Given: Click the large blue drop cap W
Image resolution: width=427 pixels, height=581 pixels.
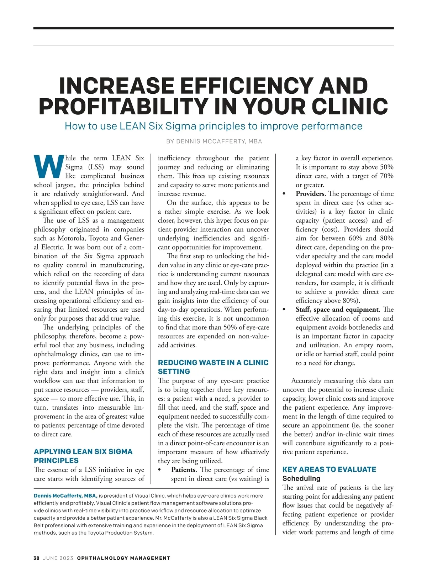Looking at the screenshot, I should click(x=49, y=166).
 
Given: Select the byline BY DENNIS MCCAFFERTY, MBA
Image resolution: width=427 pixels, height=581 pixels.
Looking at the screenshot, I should click(x=214, y=141).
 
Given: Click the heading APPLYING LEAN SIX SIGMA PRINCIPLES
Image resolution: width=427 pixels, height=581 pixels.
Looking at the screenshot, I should click(x=83, y=456).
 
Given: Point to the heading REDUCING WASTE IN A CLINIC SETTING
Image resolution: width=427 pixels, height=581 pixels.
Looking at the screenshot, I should click(x=213, y=367).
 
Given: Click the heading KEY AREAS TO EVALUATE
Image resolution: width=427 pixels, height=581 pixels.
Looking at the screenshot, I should click(x=329, y=469).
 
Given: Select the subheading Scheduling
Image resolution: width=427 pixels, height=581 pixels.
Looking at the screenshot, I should click(x=301, y=478).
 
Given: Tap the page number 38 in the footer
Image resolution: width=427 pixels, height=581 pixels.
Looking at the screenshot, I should click(x=36, y=558).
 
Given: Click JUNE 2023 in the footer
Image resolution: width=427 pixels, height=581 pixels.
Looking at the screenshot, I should click(x=58, y=558).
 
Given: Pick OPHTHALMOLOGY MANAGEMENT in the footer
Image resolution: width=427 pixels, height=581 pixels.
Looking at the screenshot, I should click(x=123, y=558).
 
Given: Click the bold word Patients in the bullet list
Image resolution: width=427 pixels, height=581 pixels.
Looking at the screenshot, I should click(x=183, y=470).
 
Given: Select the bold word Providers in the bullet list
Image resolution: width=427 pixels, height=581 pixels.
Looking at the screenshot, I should click(x=310, y=194).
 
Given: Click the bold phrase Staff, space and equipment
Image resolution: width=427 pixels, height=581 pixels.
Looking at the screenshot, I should click(x=337, y=310).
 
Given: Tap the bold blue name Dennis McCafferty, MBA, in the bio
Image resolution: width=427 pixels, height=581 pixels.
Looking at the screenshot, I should click(x=65, y=496).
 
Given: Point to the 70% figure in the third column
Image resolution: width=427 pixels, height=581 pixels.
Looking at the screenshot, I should click(x=386, y=176).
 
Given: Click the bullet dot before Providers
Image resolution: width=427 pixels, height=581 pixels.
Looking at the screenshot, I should click(x=284, y=194).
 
